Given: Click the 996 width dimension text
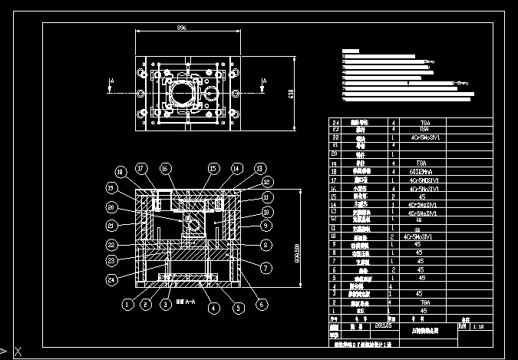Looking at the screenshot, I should [181, 27].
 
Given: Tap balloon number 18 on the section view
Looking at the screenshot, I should [120, 171].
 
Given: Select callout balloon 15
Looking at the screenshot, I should [213, 168].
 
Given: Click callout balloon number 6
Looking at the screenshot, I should [262, 304].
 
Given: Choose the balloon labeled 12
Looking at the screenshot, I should [266, 182].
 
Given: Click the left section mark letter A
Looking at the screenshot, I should [112, 79].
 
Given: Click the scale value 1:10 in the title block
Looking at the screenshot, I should [477, 326].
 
